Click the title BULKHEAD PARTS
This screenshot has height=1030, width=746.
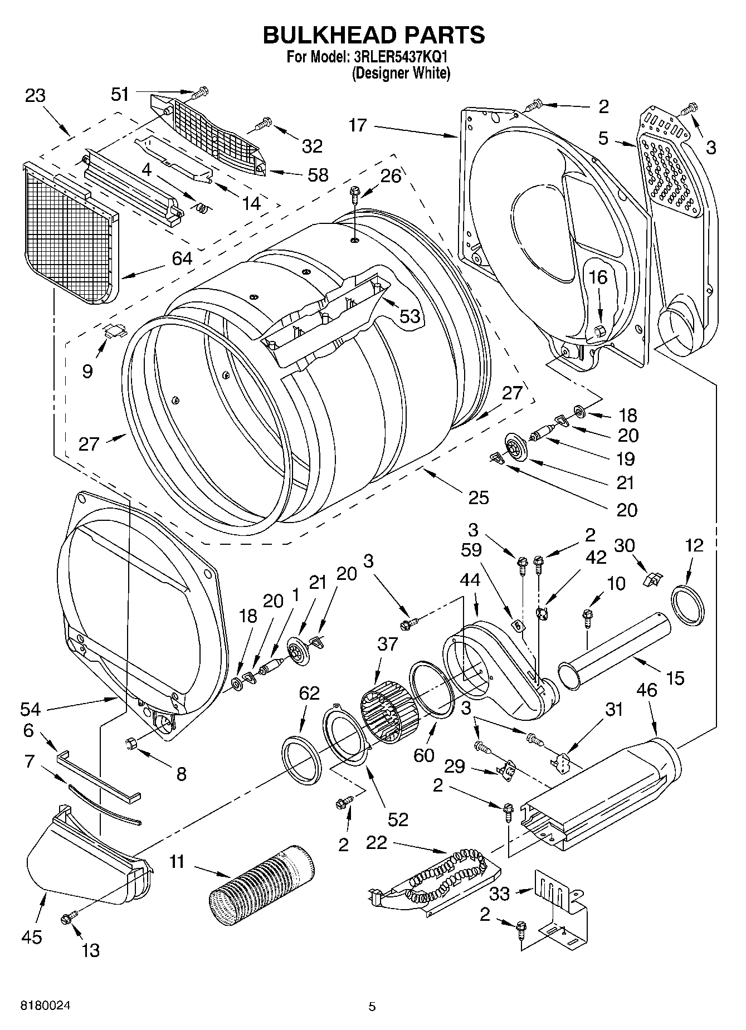tap(373, 35)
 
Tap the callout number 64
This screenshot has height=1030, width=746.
tap(182, 258)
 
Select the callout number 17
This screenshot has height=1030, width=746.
tap(358, 125)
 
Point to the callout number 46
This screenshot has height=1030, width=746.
tap(647, 690)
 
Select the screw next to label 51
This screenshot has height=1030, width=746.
tap(201, 91)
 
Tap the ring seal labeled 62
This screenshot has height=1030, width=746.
tap(301, 759)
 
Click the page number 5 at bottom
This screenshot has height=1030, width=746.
tap(372, 1007)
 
